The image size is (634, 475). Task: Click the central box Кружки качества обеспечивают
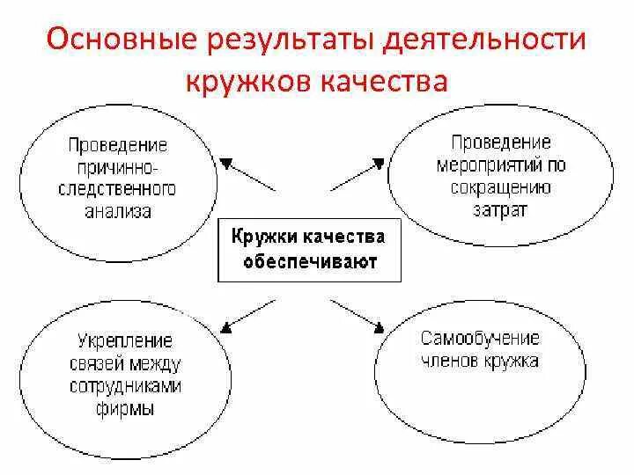[x=308, y=250]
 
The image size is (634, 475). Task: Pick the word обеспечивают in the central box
[x=308, y=261]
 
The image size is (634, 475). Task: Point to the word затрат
[x=501, y=209]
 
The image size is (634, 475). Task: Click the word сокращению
[x=501, y=186]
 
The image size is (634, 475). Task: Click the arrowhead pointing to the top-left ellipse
[x=226, y=163]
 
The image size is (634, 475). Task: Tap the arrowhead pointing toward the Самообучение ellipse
[x=380, y=329]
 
